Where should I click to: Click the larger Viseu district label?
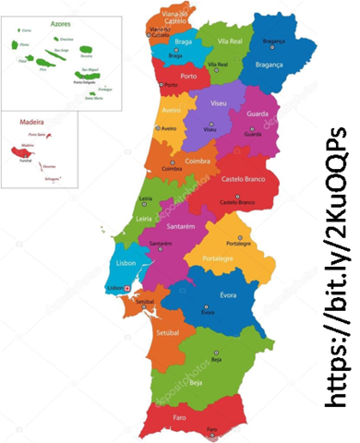(219, 102)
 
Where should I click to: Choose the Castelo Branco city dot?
(236, 196)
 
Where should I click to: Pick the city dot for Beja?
(216, 352)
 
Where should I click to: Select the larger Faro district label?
(179, 416)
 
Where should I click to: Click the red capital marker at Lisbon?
(127, 288)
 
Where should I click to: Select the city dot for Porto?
(161, 86)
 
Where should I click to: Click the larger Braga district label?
(183, 42)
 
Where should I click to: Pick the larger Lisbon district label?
(126, 263)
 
